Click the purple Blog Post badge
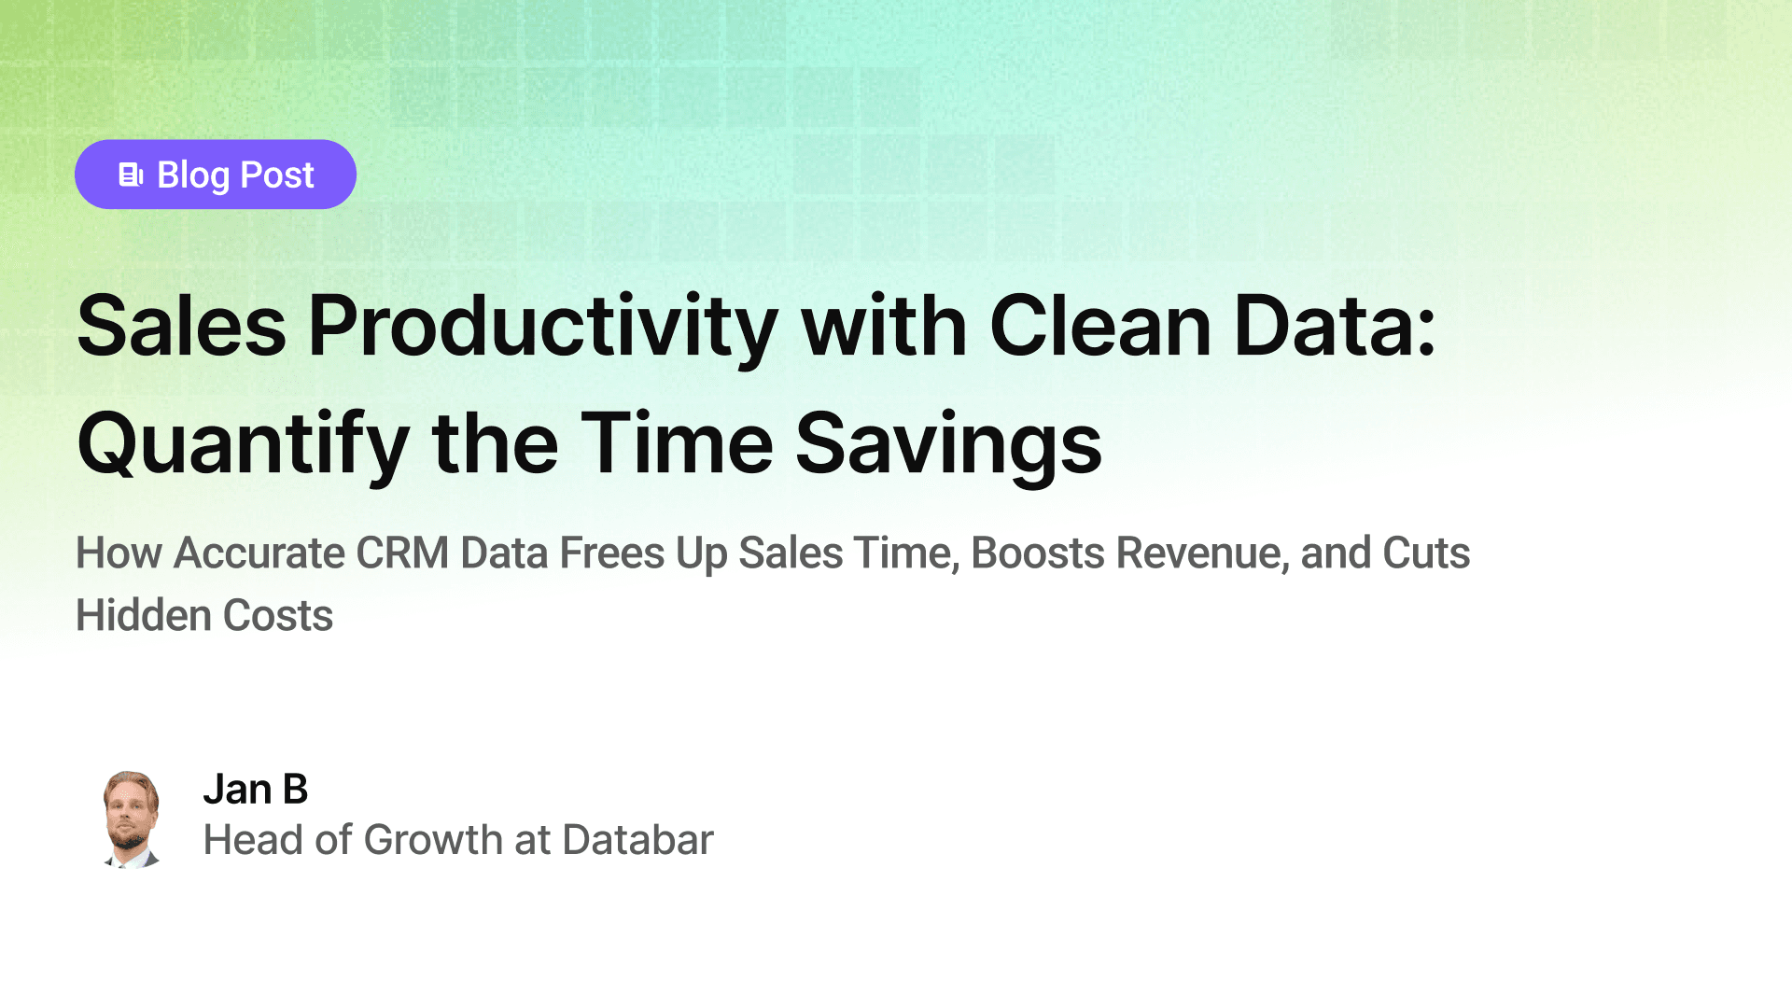216,175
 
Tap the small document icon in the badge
131,175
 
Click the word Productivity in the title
543,329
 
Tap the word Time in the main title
677,443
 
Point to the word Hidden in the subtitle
144,616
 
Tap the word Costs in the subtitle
278,616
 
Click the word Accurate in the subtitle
259,553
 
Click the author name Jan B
256,790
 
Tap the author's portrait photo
132,819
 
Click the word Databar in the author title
637,840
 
